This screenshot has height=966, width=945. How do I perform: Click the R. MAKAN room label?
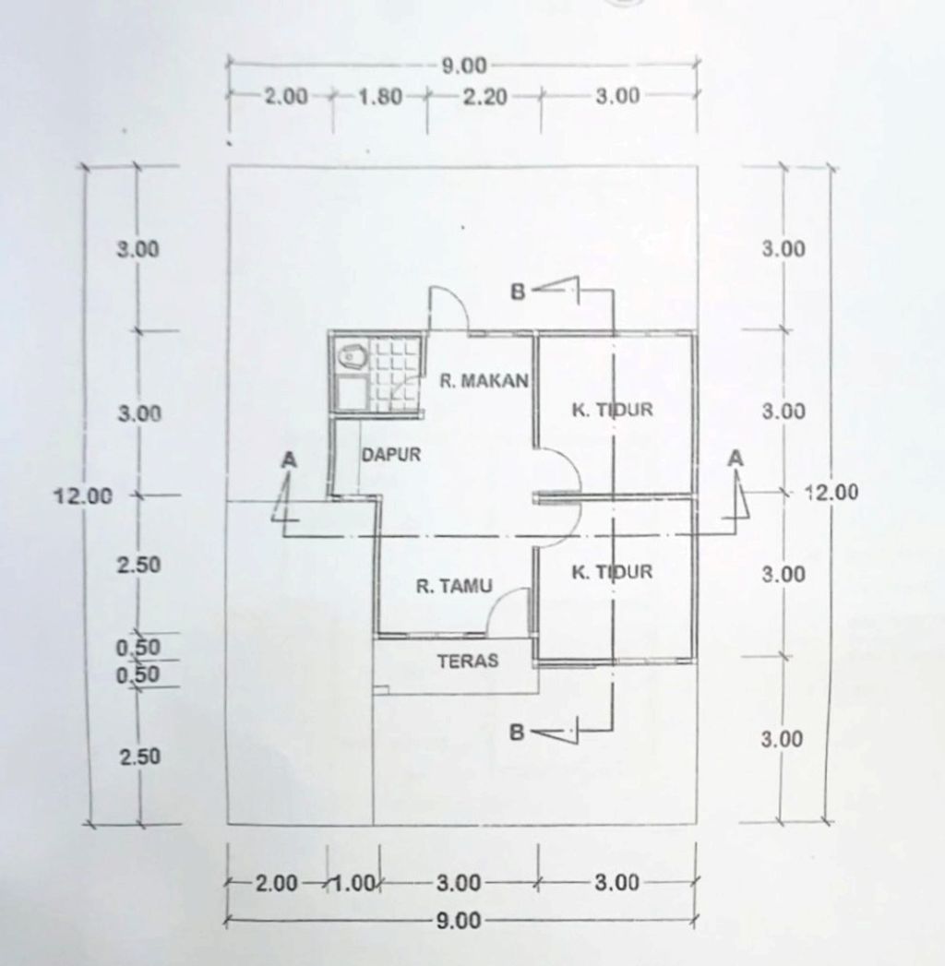(484, 380)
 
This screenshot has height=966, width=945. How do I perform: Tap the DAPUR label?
(390, 455)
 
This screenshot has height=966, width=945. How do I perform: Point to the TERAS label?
(468, 661)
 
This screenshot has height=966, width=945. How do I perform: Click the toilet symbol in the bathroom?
(352, 357)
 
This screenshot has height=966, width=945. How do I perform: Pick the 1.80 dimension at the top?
(380, 97)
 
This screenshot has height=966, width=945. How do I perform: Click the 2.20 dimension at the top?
(484, 97)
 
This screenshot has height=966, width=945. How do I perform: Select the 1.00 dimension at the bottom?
(353, 884)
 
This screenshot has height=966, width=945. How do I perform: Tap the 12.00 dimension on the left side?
(84, 495)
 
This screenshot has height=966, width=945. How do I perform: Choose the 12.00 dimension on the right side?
(831, 492)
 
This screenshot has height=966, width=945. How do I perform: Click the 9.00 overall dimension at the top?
(464, 66)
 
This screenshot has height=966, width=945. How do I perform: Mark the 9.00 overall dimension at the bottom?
(459, 921)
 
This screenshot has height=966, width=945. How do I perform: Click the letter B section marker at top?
(518, 292)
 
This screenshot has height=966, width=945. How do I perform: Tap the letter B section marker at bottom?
(517, 732)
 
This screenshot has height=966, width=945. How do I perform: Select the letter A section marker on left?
(288, 459)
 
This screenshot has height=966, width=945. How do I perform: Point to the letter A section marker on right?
(736, 459)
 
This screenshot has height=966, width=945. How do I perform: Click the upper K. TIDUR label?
(612, 410)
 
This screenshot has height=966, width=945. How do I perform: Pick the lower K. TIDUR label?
(612, 572)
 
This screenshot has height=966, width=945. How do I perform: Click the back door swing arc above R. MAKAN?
(459, 301)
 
